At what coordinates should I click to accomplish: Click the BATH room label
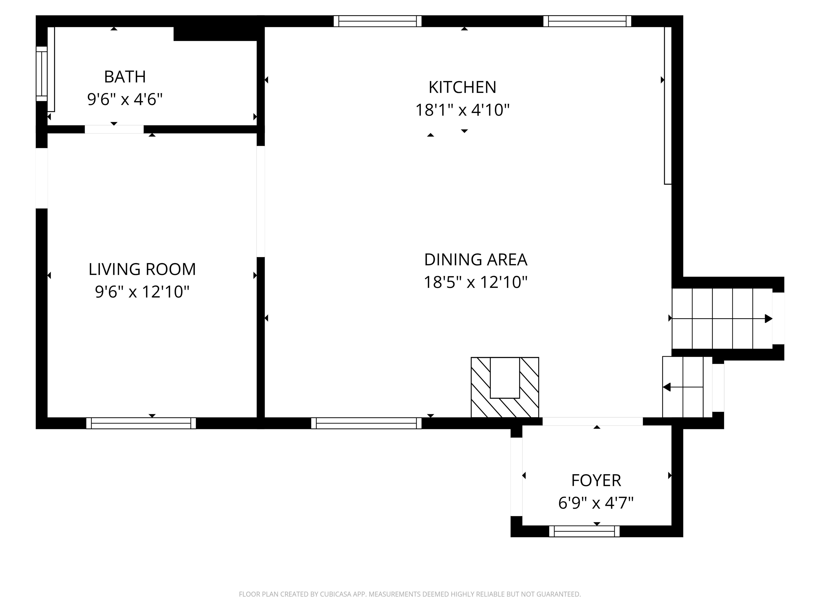125,77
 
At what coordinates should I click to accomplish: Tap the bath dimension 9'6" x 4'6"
125,99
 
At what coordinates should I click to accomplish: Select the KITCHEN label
462,87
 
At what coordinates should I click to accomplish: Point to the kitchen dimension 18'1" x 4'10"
462,110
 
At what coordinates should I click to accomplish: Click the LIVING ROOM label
142,269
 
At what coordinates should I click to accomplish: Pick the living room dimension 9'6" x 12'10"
142,292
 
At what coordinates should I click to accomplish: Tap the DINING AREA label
476,259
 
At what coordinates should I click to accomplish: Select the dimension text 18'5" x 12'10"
476,282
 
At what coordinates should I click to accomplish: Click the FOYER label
596,480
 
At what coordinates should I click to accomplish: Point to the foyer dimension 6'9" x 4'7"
596,503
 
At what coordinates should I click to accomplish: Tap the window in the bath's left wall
42,74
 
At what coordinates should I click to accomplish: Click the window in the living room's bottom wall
141,423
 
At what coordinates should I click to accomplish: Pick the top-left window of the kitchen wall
377,21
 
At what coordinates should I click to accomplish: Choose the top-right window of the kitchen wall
587,21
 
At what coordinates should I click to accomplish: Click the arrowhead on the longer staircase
768,319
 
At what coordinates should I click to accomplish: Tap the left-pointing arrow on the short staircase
667,387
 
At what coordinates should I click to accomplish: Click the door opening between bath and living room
114,129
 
